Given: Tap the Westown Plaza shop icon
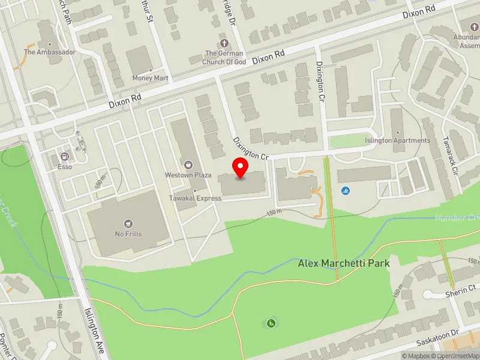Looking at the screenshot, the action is tap(188, 164).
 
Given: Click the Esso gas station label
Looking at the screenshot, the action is tap(65, 167).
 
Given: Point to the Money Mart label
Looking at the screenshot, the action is tap(151, 79).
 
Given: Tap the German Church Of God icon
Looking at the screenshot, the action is tap(224, 43).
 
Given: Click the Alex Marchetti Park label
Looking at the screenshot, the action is tap(344, 263).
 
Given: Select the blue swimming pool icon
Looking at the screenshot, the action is tap(345, 191).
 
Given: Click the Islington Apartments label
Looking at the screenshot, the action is tap(398, 140).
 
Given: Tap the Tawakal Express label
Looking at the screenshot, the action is tap(194, 199).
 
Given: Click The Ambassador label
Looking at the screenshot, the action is tap(49, 52).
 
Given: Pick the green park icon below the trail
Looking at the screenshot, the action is tap(271, 324).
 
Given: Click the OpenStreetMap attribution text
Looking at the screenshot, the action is tap(457, 356).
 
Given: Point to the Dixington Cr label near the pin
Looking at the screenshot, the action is tap(250, 148).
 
